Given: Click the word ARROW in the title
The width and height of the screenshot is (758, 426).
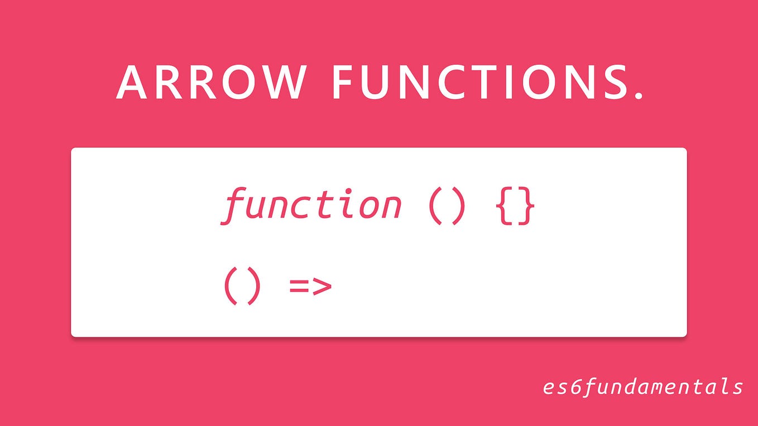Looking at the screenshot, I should pyautogui.click(x=210, y=82).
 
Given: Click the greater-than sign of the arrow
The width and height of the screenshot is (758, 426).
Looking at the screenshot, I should pyautogui.click(x=322, y=287).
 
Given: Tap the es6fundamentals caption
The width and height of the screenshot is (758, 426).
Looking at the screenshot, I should pyautogui.click(x=642, y=386).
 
